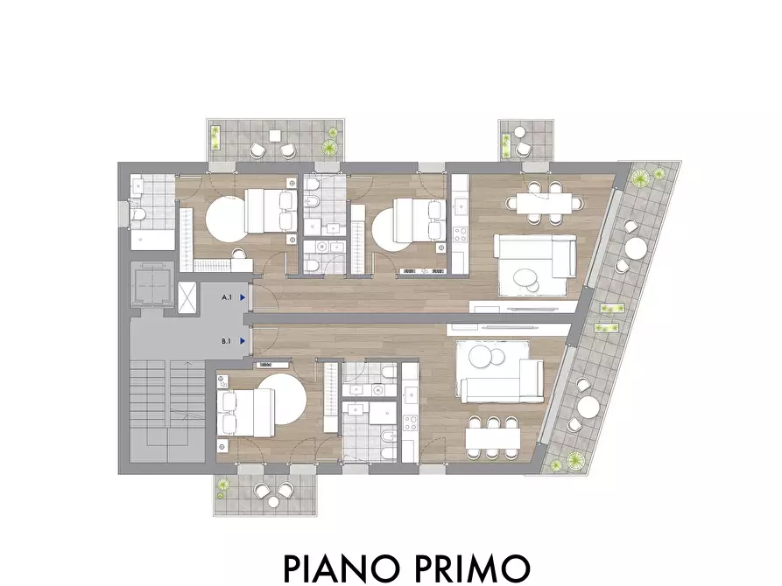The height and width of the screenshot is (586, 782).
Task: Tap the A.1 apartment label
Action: [x=226, y=297]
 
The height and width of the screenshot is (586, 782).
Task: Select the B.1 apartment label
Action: [x=226, y=340]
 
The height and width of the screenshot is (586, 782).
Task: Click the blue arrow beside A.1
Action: [x=242, y=297]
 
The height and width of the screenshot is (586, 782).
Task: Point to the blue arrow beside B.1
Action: [x=242, y=340]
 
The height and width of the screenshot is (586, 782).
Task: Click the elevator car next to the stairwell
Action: [x=150, y=285]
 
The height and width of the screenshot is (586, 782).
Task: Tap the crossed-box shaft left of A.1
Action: [x=187, y=296]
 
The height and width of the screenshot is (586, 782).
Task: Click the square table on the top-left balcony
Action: [x=275, y=136]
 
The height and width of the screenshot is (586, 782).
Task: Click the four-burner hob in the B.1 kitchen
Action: [x=409, y=428]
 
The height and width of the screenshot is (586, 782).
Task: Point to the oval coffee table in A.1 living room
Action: [x=527, y=279]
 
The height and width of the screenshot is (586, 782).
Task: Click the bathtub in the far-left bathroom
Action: [x=151, y=237]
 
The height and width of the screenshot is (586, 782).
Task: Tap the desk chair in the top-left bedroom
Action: [x=239, y=254]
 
